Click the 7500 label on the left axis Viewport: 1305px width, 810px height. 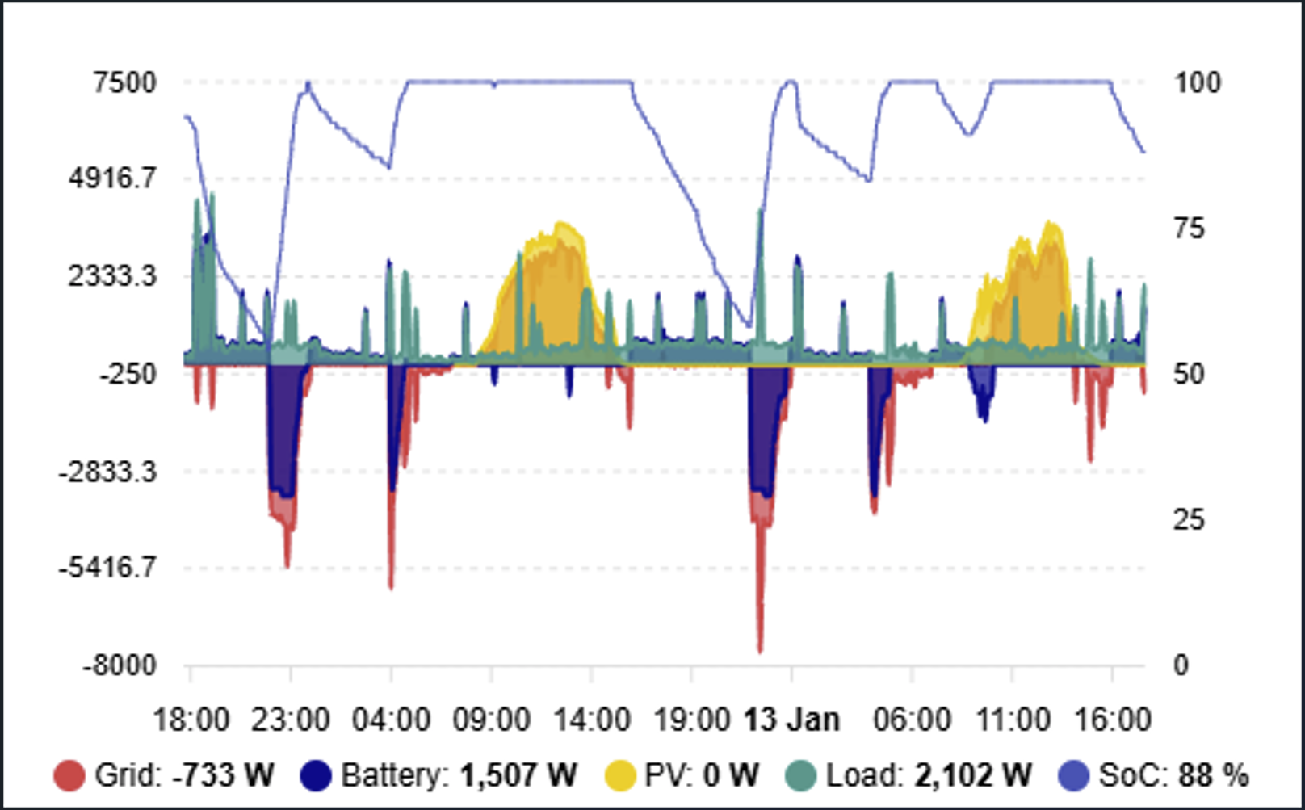point(125,82)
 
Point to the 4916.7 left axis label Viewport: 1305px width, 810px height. point(113,178)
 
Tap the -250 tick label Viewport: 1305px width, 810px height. point(128,373)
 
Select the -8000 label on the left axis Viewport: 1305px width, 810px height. point(120,665)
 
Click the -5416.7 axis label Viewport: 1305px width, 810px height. point(107,567)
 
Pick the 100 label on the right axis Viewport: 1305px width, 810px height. point(1198,82)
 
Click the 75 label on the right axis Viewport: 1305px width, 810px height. point(1189,228)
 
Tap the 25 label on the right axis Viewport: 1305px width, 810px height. point(1189,519)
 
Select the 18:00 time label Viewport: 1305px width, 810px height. point(191,720)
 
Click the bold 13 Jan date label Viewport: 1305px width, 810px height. point(791,720)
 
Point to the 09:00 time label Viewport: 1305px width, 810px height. point(492,720)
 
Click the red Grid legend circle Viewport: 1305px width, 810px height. point(69,775)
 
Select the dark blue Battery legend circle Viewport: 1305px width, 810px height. point(316,775)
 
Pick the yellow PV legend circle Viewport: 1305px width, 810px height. point(620,775)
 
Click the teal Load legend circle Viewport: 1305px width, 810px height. point(801,775)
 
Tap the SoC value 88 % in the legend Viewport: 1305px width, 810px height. point(1214,775)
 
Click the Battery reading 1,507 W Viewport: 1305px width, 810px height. point(518,775)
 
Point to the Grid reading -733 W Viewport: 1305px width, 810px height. point(223,775)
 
